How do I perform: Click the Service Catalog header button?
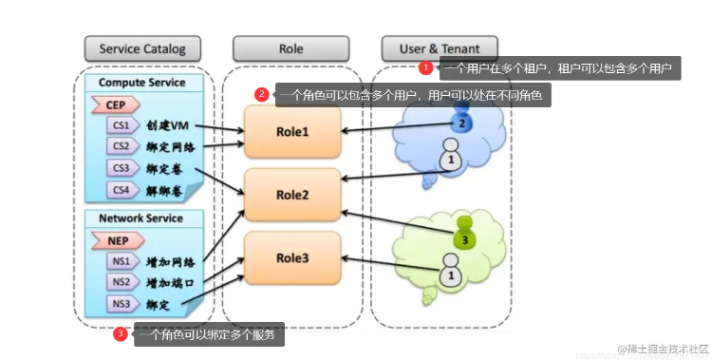coord(142,47)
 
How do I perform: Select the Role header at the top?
coord(292,47)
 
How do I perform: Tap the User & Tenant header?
coord(439,47)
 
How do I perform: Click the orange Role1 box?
coord(292,132)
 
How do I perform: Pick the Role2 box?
coord(292,195)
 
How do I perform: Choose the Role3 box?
coord(292,256)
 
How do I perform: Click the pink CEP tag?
coord(114,104)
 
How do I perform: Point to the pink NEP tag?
coord(114,240)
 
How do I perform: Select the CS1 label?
coord(120,125)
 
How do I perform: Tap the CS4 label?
coord(120,188)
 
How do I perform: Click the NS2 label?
coord(120,282)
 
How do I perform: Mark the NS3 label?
coord(120,304)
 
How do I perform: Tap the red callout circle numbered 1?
coord(426,67)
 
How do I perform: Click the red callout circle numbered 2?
coord(262,94)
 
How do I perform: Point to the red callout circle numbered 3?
coord(121,333)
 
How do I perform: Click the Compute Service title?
coord(141,83)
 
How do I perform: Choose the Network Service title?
coord(141,218)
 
